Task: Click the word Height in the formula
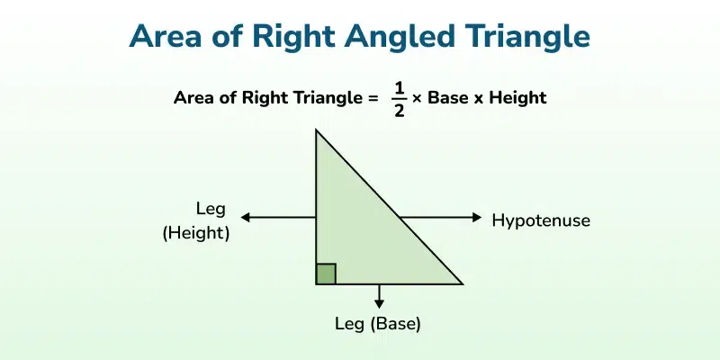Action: [x=516, y=97]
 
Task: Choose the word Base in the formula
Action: [x=448, y=97]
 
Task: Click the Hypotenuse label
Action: [x=541, y=219]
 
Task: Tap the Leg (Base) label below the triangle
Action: [x=379, y=322]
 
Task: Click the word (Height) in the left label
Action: [x=196, y=233]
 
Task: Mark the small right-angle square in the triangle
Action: [x=327, y=274]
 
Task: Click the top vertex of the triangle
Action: [x=317, y=130]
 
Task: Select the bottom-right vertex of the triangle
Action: [x=462, y=283]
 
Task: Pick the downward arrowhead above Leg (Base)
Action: [x=379, y=303]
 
